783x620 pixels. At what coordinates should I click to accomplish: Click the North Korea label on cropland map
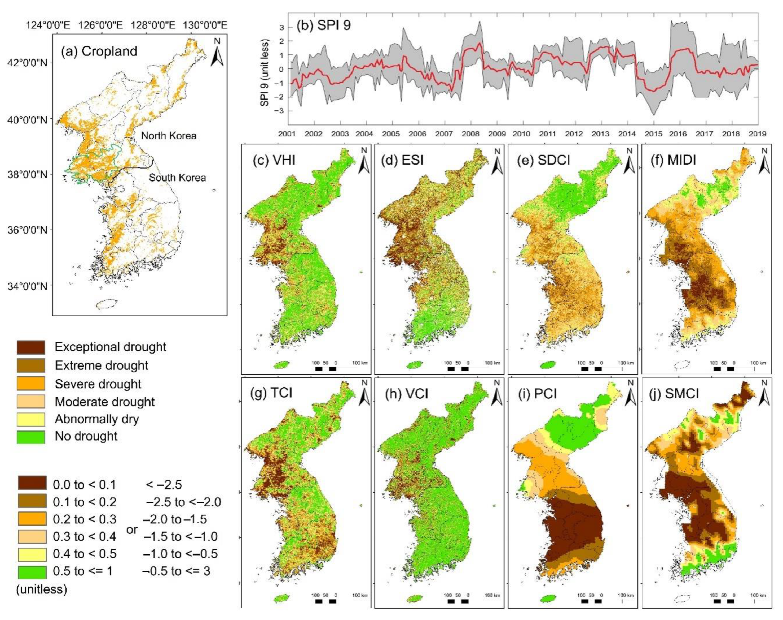[x=169, y=136]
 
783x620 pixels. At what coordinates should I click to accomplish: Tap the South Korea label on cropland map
[x=177, y=178]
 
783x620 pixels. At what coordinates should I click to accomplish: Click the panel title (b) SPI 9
[x=323, y=26]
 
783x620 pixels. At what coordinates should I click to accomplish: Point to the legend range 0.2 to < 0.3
[x=85, y=519]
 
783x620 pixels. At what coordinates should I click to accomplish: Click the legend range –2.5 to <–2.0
[x=183, y=502]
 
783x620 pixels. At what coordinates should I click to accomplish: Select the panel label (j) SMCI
[x=679, y=394]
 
